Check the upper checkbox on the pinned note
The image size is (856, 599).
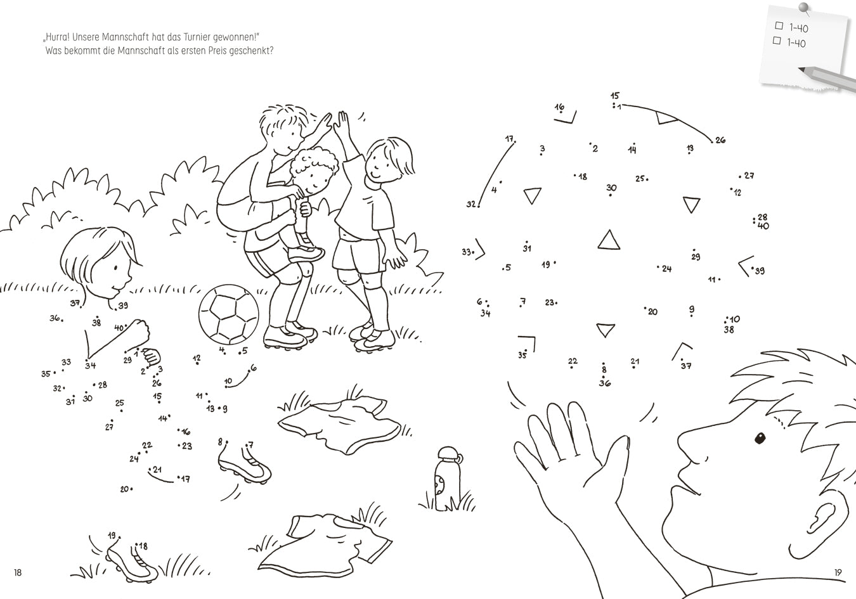coord(779,25)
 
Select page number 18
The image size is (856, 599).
coord(18,572)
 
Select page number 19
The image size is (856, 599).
coord(838,572)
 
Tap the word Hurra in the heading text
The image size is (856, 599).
coord(57,37)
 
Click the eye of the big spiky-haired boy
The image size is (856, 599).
coord(760,438)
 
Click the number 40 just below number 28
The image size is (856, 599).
coord(763,226)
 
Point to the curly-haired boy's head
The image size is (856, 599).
coord(313,171)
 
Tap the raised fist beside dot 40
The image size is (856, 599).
coord(138,332)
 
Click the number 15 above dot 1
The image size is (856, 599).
coord(614,96)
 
